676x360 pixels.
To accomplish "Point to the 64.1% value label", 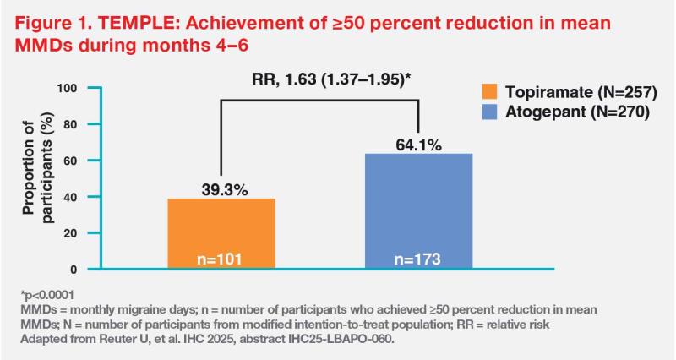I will [419, 145].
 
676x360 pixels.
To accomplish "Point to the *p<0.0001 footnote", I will [45, 295].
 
